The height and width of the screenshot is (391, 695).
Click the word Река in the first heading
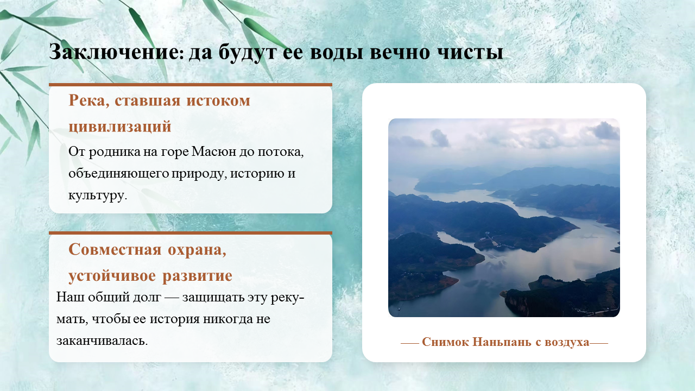[89, 101]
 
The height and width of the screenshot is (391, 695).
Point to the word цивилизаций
[120, 127]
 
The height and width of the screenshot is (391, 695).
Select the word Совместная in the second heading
[115, 249]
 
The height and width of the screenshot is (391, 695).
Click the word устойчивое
[112, 275]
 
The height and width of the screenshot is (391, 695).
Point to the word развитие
[197, 275]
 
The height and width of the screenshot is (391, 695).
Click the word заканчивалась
[102, 340]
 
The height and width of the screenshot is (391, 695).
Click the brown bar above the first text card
[191, 84]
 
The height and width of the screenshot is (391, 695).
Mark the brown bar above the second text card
[191, 233]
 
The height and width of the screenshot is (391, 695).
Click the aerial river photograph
[504, 218]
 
